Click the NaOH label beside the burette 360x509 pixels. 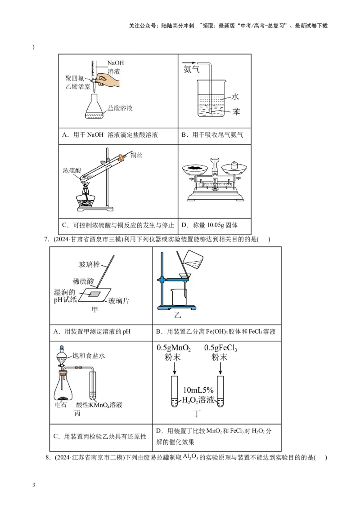pos(115,63)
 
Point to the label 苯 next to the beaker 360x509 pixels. pos(236,112)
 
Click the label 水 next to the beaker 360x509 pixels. pos(235,97)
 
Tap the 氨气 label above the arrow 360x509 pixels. pos(191,69)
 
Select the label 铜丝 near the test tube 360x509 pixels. pos(136,156)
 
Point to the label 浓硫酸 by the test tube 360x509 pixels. pos(72,170)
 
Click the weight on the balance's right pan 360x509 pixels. pos(234,165)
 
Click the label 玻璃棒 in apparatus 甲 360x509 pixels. pos(89,264)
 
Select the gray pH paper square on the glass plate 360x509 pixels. pos(94,294)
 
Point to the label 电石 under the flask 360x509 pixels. pos(60,405)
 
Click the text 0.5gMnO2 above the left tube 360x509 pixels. pos(174,348)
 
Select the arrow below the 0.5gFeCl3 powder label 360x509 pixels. pos(220,368)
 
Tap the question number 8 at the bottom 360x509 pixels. pos(47,458)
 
